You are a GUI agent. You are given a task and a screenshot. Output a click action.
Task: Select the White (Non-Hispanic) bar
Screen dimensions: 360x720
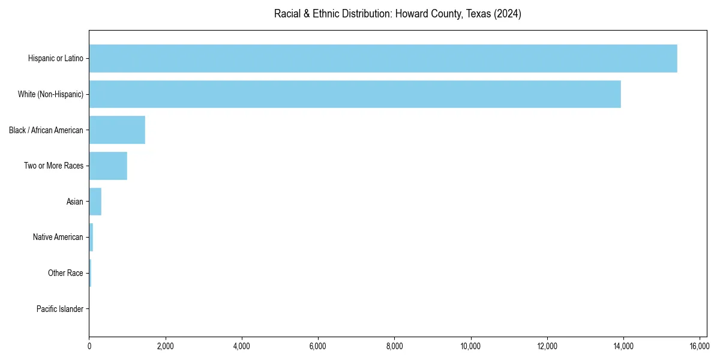click(x=355, y=94)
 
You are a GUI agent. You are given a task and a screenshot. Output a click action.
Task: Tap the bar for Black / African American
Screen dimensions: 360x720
click(x=117, y=130)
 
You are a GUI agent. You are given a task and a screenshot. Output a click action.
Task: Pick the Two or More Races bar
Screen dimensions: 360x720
click(x=108, y=166)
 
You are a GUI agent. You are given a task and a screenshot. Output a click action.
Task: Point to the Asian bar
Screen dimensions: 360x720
click(x=95, y=202)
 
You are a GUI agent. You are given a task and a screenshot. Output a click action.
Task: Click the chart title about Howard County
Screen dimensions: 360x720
click(x=397, y=14)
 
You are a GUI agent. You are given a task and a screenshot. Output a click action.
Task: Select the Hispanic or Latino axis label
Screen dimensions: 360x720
click(x=56, y=58)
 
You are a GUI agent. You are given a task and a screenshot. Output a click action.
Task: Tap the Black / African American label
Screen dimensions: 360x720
click(x=46, y=130)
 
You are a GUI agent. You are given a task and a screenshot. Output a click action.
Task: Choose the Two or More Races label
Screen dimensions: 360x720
click(x=53, y=166)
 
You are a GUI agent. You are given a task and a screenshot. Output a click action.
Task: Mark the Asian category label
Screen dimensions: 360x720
click(x=75, y=202)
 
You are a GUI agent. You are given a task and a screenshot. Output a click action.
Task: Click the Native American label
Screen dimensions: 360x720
click(x=58, y=237)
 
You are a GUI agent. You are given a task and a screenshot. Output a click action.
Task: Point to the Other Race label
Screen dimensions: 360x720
click(x=65, y=273)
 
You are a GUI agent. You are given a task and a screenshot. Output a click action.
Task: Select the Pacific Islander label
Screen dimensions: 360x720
click(x=60, y=309)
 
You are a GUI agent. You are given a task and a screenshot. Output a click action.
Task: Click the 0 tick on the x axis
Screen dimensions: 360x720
click(x=89, y=346)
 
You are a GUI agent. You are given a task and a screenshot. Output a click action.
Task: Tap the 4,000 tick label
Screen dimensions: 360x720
click(x=242, y=346)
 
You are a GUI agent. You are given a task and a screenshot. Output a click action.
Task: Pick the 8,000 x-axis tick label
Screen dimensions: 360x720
click(x=394, y=346)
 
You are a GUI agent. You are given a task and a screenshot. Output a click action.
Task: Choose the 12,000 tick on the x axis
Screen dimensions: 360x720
click(x=547, y=346)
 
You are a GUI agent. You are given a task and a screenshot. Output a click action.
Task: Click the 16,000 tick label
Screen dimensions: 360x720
click(x=700, y=346)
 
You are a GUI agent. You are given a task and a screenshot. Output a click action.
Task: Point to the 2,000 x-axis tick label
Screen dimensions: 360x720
click(x=166, y=346)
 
